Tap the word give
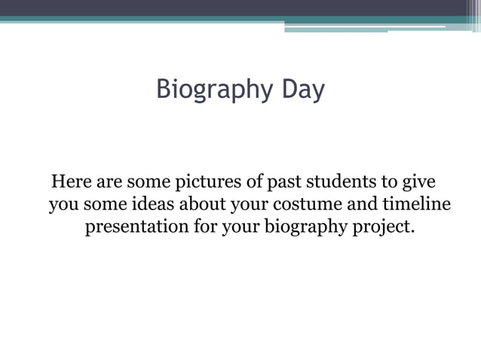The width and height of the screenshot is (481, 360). click(x=421, y=183)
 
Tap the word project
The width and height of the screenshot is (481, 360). click(x=384, y=227)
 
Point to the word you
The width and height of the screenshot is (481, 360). click(x=63, y=206)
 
